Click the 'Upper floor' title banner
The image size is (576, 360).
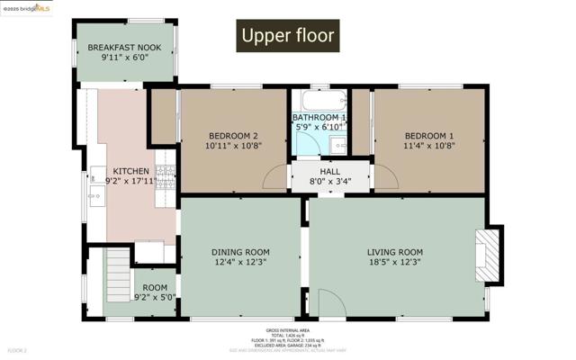pos(287,36)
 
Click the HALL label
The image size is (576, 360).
pos(330,171)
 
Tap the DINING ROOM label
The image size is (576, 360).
pos(240,252)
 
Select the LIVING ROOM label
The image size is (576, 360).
pos(394,252)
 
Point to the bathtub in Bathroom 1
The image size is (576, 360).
pos(319,100)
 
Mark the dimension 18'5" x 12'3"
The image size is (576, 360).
pos(394,262)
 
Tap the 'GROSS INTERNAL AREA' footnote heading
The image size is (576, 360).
pos(287,329)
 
